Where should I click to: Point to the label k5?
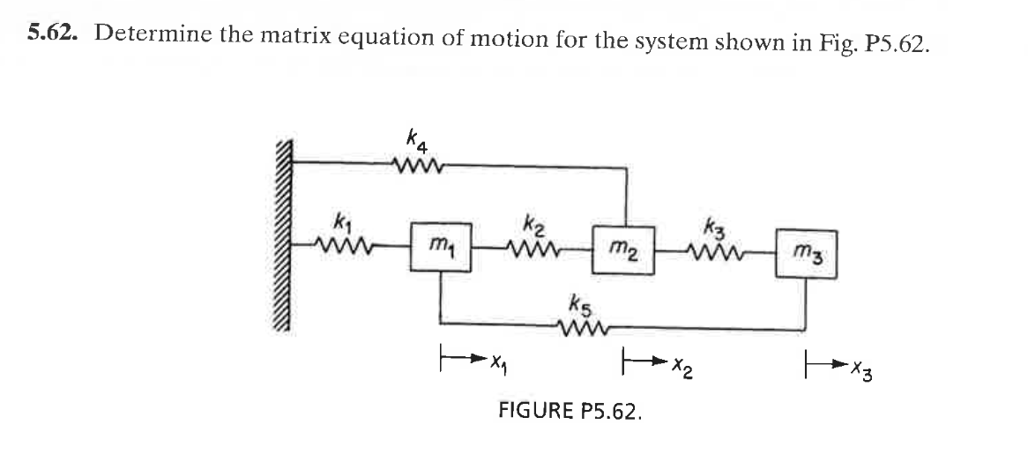(581, 310)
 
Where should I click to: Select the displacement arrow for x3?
(825, 360)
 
